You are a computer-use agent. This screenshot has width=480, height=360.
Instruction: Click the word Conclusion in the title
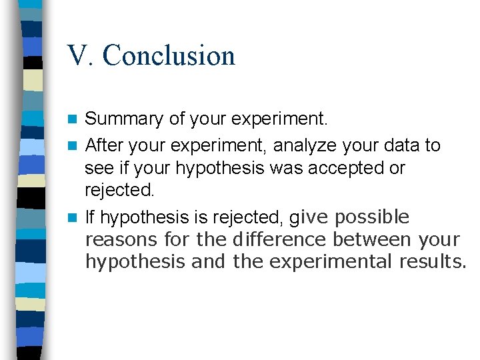[169, 55]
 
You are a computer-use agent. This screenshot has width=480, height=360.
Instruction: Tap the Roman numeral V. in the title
[81, 55]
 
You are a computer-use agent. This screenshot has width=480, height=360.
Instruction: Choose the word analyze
[306, 145]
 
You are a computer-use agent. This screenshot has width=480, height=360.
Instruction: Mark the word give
[309, 217]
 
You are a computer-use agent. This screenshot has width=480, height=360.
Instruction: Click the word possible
[372, 217]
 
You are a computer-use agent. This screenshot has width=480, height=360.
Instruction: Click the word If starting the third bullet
[90, 217]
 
